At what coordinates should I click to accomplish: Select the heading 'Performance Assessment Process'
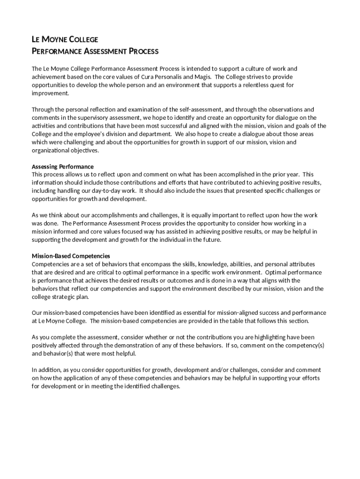95,51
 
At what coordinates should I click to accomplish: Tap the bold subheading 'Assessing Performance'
63,167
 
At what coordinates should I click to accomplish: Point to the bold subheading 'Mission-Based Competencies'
71,256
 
